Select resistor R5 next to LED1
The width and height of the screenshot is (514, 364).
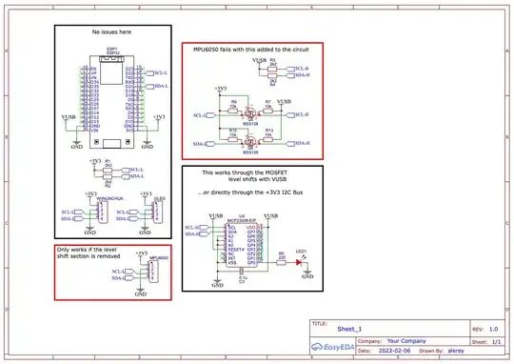[x=282, y=255]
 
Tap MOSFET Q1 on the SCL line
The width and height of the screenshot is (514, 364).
[x=249, y=115]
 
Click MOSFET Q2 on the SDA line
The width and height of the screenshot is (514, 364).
[x=249, y=143]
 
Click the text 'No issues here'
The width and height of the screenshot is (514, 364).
[x=111, y=33]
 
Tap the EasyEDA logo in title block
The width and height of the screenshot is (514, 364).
[x=330, y=350]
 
